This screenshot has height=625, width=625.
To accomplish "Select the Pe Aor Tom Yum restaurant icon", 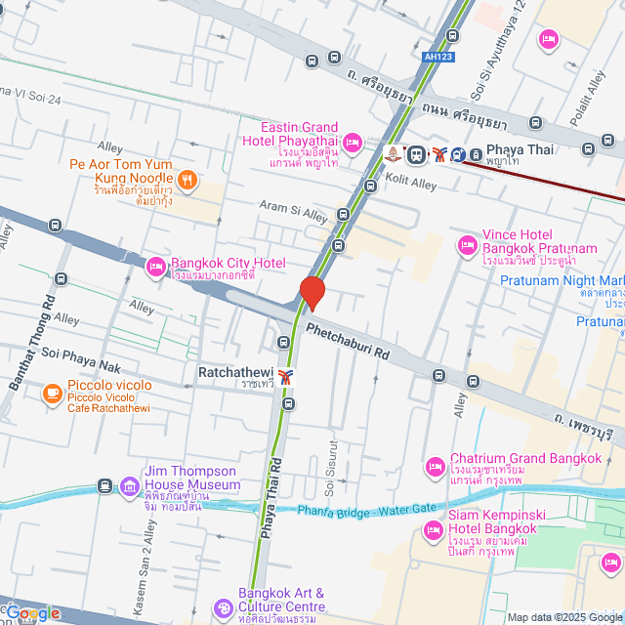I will point(187,179).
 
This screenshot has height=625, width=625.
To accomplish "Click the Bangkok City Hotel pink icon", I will point(155,266).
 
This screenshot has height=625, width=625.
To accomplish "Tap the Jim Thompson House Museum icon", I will point(130,485).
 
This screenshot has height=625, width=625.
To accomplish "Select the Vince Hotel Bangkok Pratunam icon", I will point(467,244).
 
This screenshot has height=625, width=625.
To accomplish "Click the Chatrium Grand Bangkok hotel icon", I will point(435,467).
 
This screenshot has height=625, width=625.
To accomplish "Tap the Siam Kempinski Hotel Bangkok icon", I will point(434,529).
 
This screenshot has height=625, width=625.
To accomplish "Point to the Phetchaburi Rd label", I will point(347,343).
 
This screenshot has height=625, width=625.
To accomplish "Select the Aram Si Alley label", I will point(293,210).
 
